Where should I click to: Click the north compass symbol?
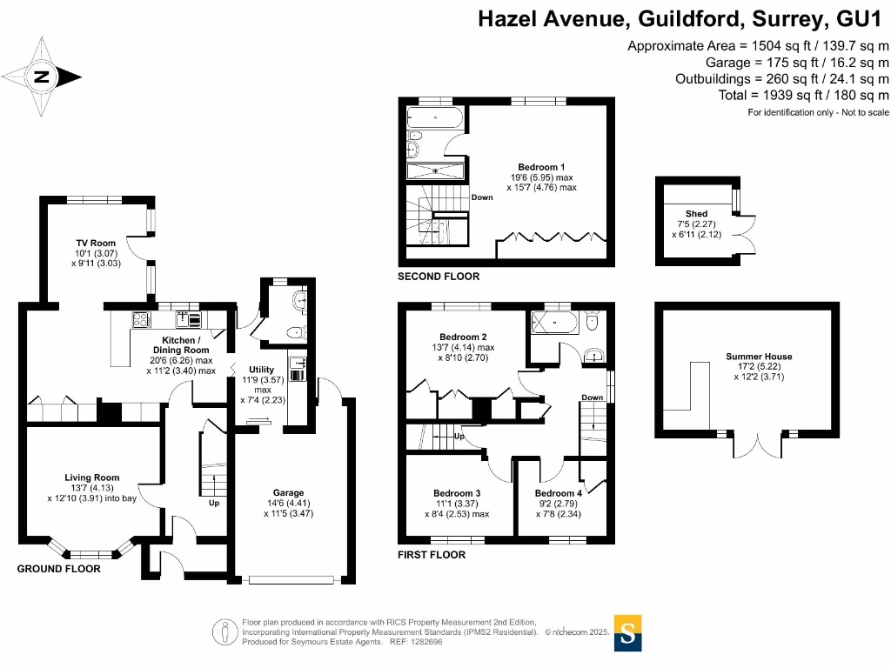pos(42,77)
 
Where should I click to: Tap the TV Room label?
pos(96,244)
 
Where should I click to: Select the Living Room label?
pos(91,478)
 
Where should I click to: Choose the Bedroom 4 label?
pos(558,493)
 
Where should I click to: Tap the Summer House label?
pos(759,357)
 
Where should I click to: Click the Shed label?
pos(696,213)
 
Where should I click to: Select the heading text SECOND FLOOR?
pos(439,277)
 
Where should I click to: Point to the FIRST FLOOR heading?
pos(431,554)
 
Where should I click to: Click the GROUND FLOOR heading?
pos(59,569)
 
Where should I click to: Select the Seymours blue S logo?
pos(628,633)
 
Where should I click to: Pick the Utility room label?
pos(262,370)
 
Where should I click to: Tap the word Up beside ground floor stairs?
pos(213,503)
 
